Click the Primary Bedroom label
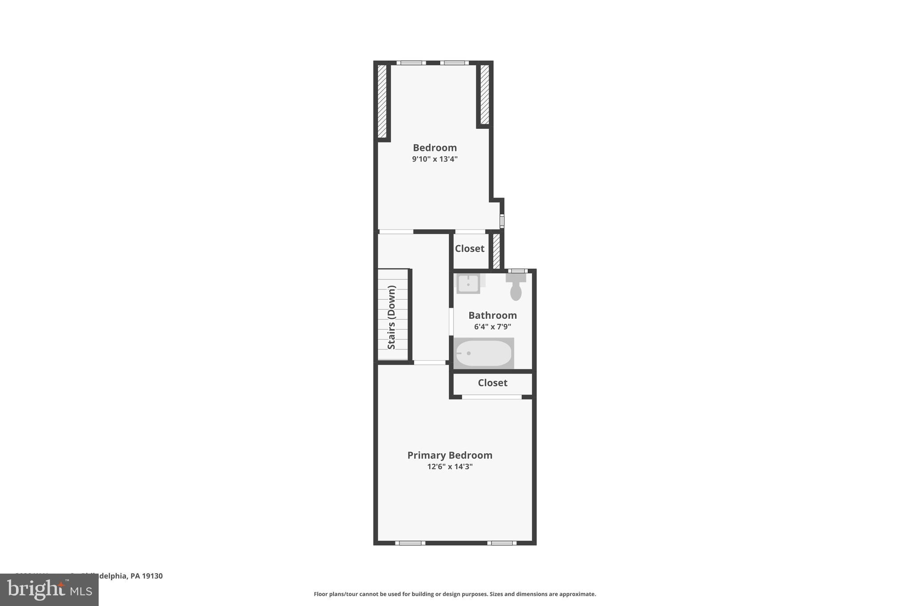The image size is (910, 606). click(450, 455)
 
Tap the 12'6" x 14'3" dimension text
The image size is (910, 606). click(450, 467)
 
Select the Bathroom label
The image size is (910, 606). click(492, 315)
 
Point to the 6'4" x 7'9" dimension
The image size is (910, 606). click(492, 327)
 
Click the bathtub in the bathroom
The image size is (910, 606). click(483, 353)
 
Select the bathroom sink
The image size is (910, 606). click(468, 284)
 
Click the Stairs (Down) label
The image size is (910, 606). click(391, 317)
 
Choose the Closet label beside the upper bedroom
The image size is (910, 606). click(469, 249)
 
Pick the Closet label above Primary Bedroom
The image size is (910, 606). click(492, 383)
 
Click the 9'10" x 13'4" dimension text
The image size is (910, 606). click(435, 159)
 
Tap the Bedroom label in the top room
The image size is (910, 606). click(435, 147)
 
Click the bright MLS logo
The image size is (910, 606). click(49, 590)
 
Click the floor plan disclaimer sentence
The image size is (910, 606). click(455, 594)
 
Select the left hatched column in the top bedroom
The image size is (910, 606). click(382, 101)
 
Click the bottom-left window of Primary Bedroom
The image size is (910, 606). click(410, 543)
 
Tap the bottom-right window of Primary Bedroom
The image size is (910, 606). click(502, 543)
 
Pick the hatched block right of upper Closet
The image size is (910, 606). click(496, 251)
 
